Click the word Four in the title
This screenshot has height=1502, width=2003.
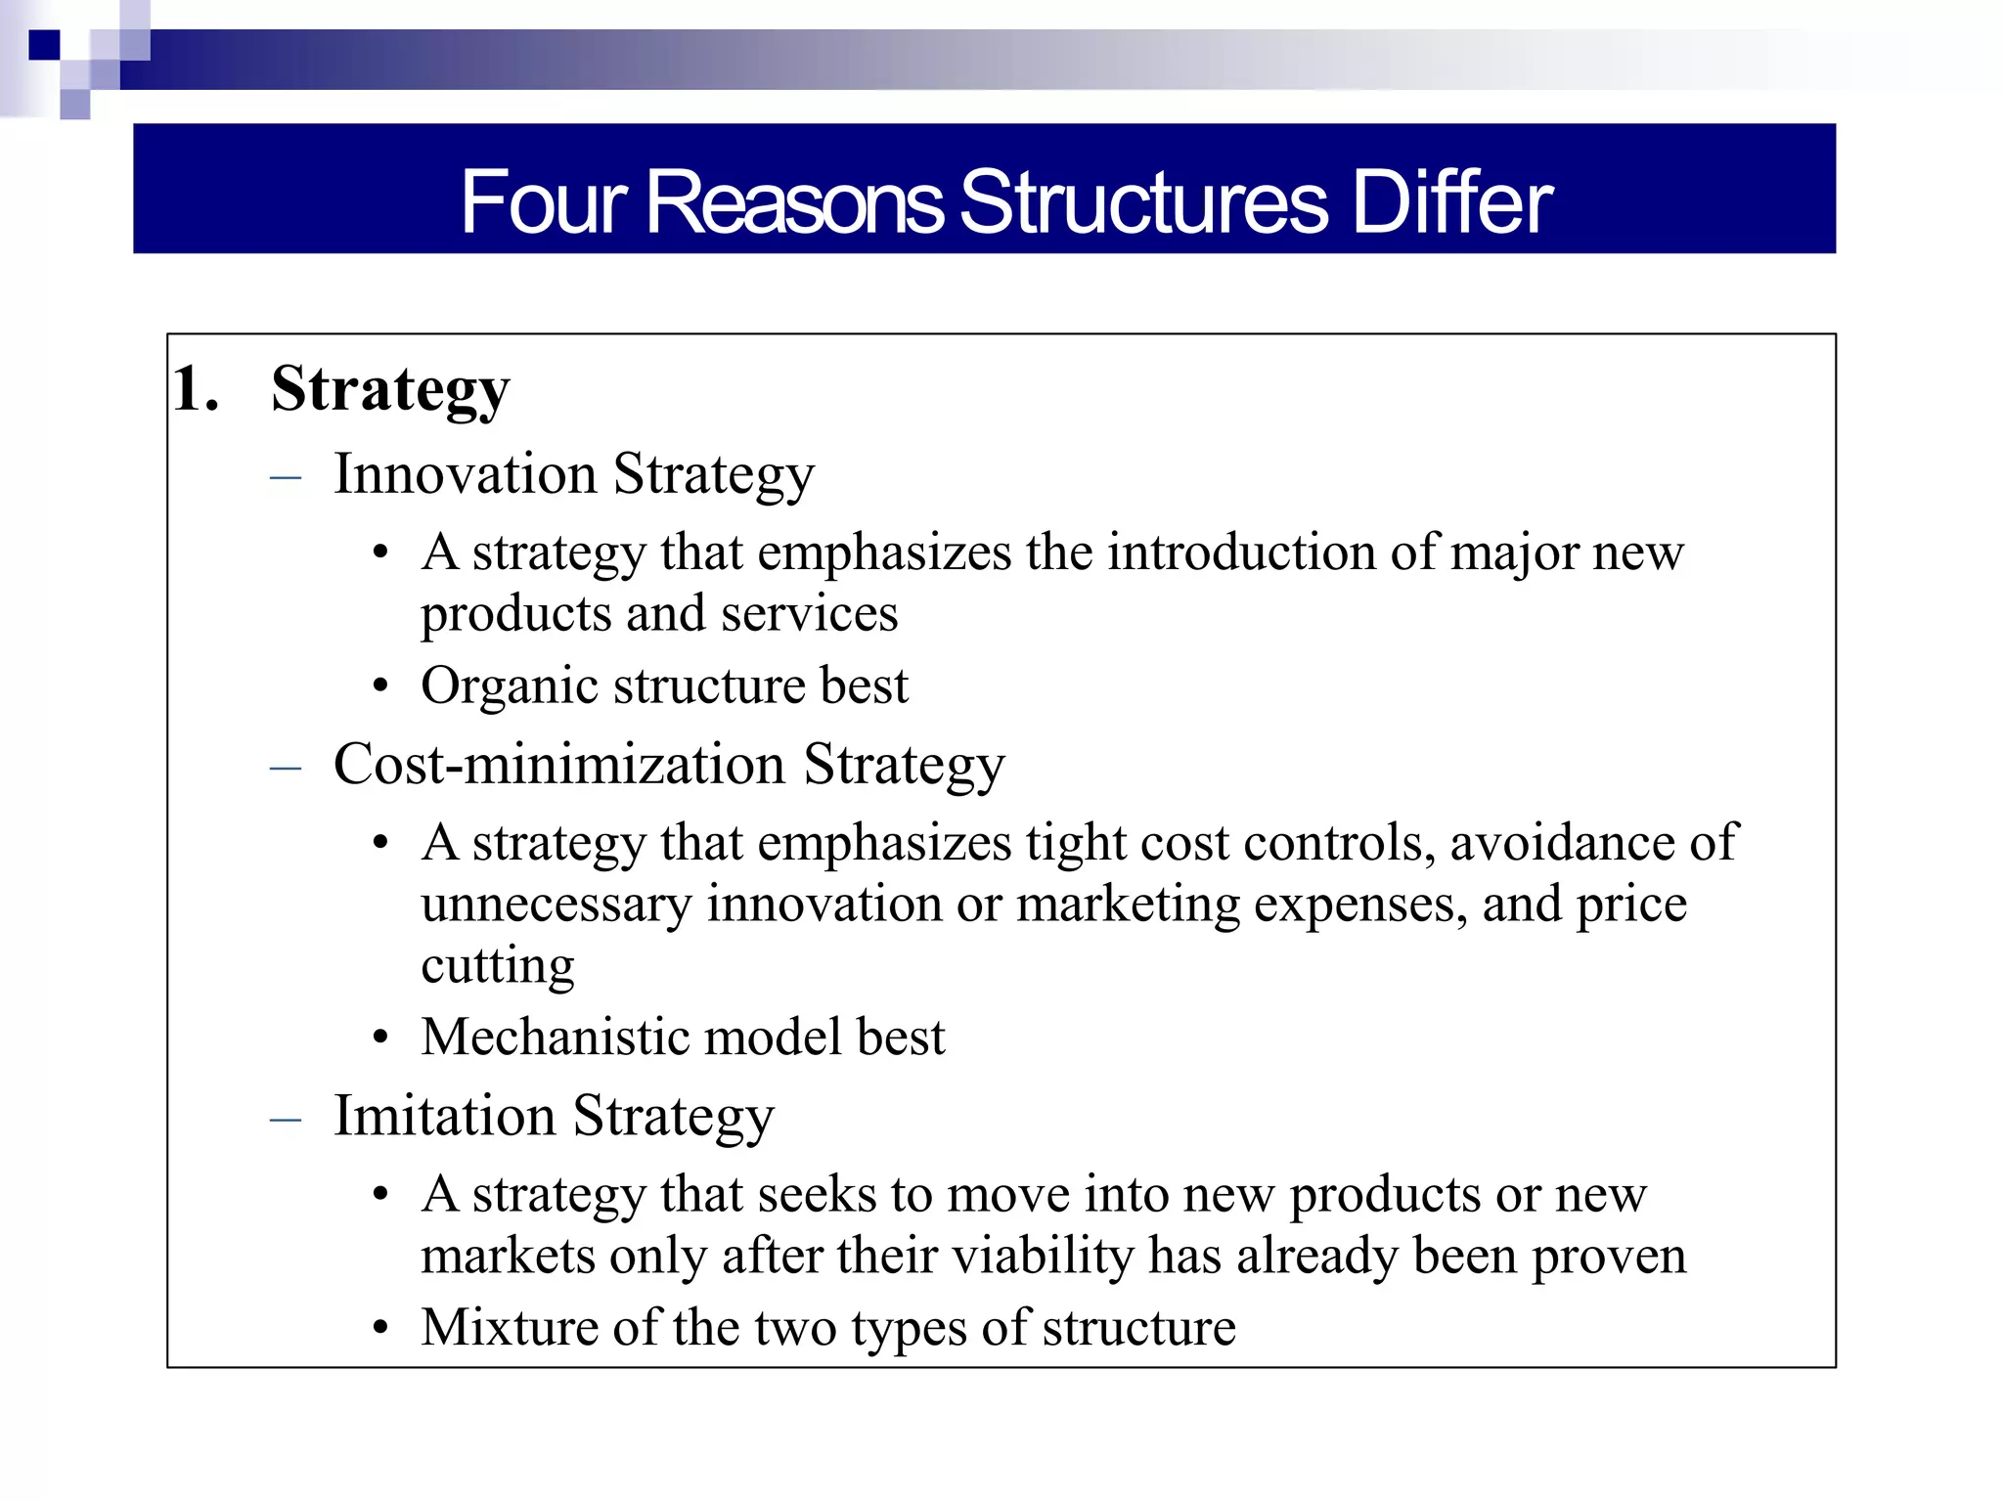pos(544,202)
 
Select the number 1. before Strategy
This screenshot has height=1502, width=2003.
pos(196,389)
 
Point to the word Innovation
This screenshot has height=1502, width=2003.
pos(465,474)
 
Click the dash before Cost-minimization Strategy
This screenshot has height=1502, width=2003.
pos(285,768)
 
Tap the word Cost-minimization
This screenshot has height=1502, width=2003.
pos(559,765)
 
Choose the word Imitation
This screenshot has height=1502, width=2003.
pos(444,1116)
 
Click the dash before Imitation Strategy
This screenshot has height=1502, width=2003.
pos(285,1119)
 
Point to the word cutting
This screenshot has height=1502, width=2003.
pos(497,966)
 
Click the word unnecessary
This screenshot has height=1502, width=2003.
pos(556,905)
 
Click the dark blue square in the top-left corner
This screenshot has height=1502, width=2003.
pos(44,45)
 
